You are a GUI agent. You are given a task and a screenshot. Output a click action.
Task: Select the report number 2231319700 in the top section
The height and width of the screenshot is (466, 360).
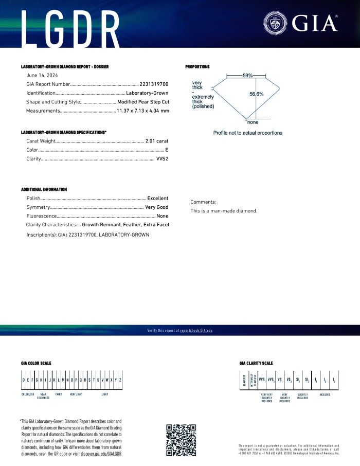click(154, 84)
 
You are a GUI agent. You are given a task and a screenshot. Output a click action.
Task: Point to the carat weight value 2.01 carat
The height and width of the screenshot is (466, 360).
click(157, 140)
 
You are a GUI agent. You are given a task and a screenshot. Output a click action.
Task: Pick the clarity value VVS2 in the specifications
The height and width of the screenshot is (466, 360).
click(162, 159)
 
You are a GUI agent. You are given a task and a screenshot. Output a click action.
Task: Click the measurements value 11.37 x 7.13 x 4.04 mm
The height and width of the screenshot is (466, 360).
click(142, 111)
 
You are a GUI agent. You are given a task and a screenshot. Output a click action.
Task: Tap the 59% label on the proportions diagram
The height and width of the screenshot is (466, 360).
click(247, 76)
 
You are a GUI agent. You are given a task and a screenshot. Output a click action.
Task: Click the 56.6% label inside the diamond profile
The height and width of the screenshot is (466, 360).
click(257, 94)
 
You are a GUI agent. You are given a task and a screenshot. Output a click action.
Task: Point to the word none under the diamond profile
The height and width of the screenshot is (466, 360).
click(253, 122)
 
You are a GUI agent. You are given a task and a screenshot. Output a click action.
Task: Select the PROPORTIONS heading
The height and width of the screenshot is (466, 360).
click(197, 67)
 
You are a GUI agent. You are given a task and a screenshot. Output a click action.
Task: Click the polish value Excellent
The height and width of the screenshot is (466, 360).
click(157, 198)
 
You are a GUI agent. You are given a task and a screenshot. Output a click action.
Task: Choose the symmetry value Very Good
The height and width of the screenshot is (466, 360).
click(156, 207)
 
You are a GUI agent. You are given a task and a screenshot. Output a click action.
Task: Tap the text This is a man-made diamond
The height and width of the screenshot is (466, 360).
click(224, 211)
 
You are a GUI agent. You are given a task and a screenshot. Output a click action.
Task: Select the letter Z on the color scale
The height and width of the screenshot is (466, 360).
click(120, 380)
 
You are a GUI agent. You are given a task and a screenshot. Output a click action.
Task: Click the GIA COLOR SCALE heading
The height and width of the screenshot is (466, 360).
click(36, 363)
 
